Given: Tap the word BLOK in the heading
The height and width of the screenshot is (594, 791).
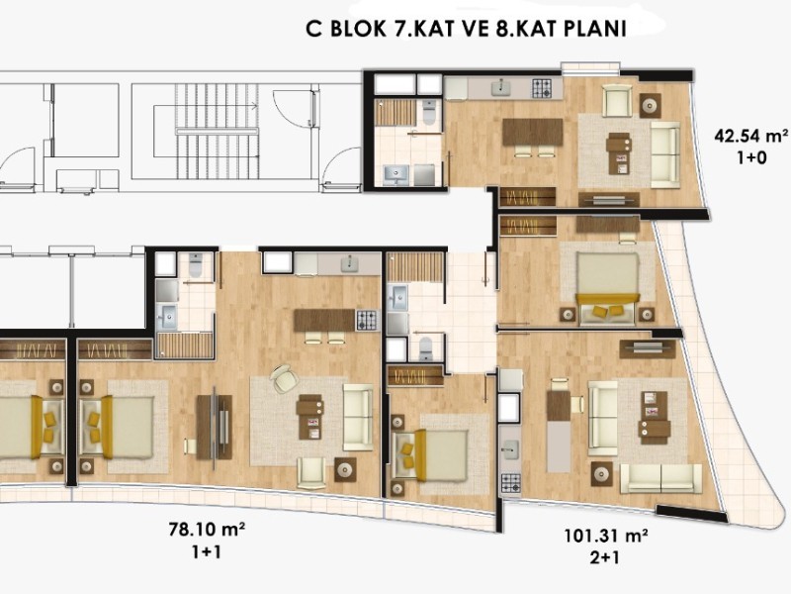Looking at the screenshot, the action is (x=356, y=29).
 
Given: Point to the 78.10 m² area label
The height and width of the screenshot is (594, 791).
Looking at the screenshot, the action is (x=207, y=530).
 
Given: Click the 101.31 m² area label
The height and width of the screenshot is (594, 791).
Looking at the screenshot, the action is (x=605, y=536).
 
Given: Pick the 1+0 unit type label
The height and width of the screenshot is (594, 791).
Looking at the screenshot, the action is (x=751, y=158).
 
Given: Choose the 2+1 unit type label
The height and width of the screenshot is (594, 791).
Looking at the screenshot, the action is (x=605, y=557).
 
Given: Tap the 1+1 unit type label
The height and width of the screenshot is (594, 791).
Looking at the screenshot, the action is (x=207, y=552).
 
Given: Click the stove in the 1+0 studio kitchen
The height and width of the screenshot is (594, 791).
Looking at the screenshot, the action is (x=541, y=89).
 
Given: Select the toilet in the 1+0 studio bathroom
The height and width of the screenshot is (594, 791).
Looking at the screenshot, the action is (x=429, y=111).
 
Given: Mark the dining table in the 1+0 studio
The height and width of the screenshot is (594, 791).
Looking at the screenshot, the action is (x=533, y=133).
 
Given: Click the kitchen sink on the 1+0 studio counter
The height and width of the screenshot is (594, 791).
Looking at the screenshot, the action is (x=501, y=88).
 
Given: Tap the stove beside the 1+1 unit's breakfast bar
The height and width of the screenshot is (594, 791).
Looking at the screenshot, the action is (x=367, y=320).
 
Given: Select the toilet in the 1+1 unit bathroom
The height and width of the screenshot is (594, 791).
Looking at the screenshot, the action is (x=196, y=265).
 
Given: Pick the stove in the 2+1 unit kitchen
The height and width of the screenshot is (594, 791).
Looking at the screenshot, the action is (x=510, y=483).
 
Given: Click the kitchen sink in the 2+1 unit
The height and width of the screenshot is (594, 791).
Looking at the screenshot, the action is (x=510, y=449).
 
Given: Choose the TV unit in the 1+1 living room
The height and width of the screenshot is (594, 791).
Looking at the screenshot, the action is (x=215, y=428).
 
